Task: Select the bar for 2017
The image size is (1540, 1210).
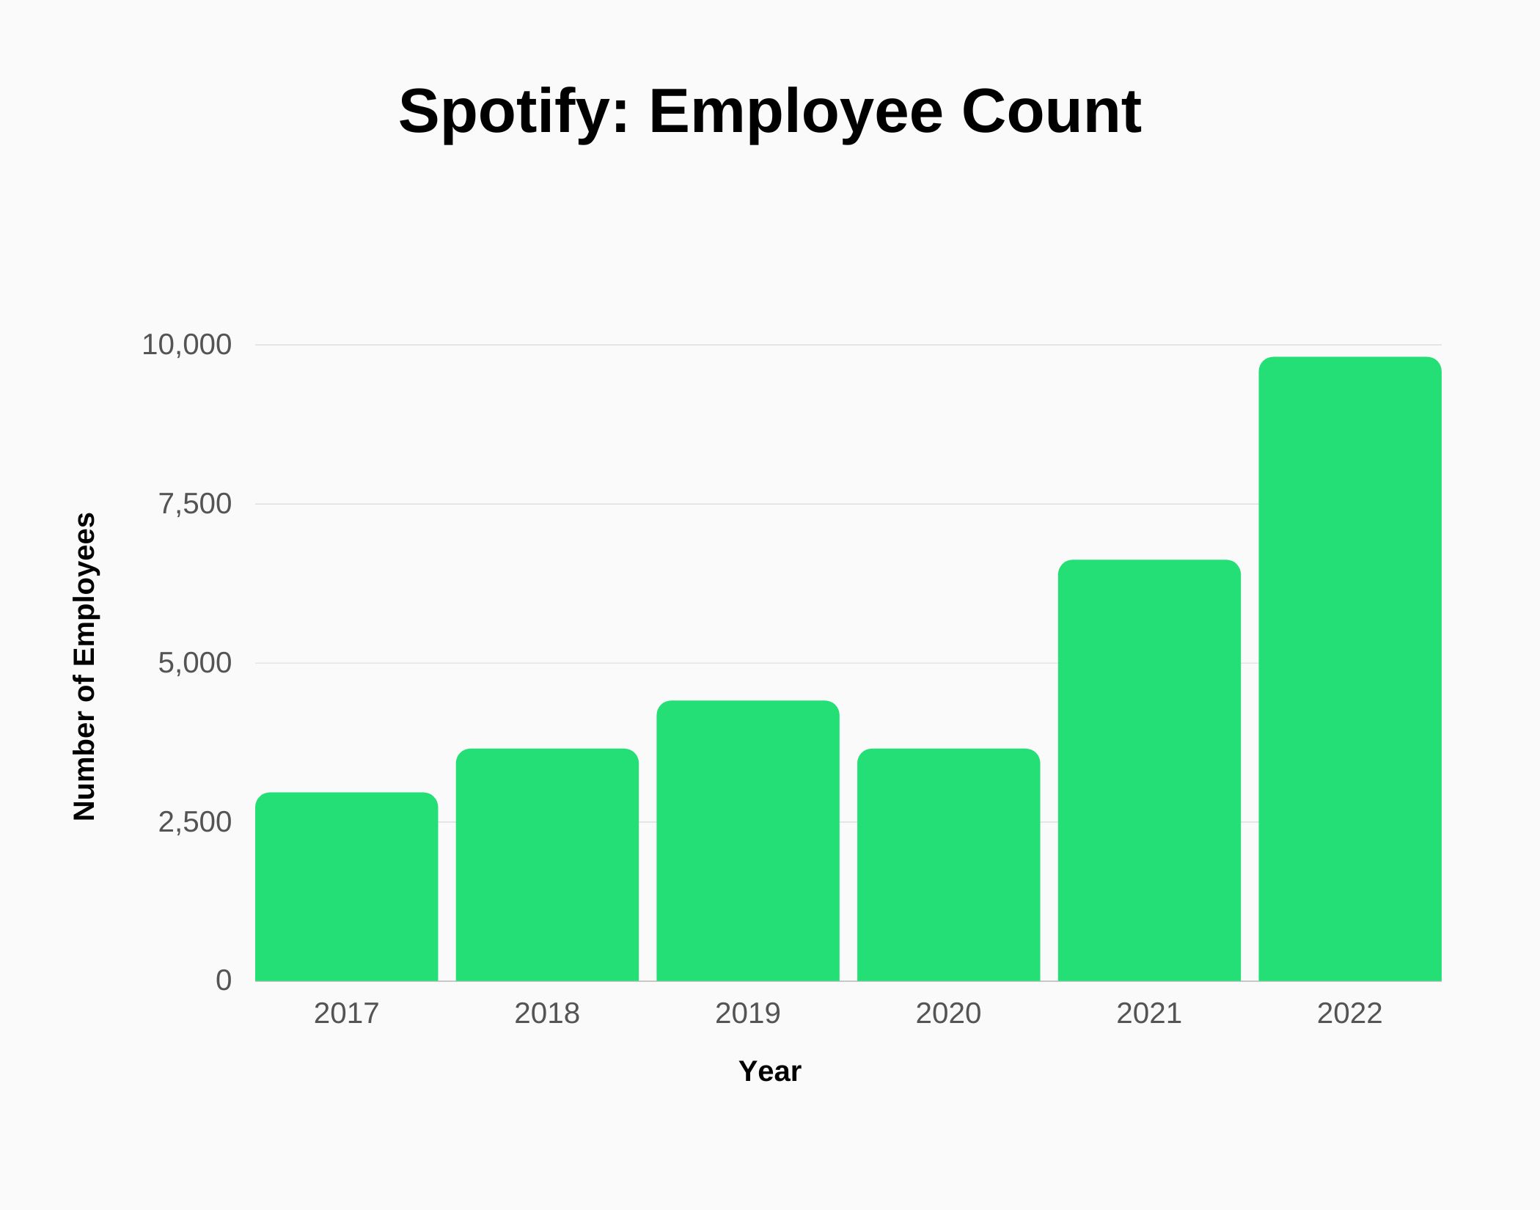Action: (x=346, y=887)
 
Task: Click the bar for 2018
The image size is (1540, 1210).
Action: (x=547, y=865)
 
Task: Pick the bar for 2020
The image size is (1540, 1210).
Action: (x=948, y=865)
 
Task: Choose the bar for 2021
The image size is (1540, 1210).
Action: (x=1149, y=770)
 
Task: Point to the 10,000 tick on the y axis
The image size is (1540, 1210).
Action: (x=186, y=345)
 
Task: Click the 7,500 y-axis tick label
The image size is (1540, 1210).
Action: (x=195, y=504)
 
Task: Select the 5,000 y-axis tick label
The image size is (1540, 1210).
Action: (x=195, y=663)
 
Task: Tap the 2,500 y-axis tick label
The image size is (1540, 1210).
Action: (x=195, y=822)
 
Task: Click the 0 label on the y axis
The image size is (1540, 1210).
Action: (x=223, y=980)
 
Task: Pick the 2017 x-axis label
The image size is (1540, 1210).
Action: (x=346, y=1013)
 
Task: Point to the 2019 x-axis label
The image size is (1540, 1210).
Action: (x=747, y=1013)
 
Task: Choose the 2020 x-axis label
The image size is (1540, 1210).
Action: (x=948, y=1013)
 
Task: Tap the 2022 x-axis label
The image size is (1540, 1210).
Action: (x=1349, y=1013)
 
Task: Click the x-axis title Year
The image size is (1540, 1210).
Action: (x=769, y=1071)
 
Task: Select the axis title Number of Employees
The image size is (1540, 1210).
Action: (x=85, y=666)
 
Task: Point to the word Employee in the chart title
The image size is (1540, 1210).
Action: (x=796, y=112)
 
